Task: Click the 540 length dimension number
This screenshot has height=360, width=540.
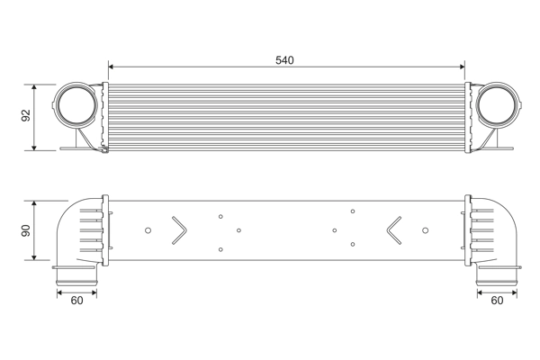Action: [x=284, y=60]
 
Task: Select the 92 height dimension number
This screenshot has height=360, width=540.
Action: [x=26, y=116]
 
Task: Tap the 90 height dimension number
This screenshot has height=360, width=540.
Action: [x=26, y=230]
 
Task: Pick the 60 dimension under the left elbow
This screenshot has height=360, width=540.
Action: [x=76, y=301]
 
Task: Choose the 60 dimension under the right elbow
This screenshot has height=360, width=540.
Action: [x=498, y=301]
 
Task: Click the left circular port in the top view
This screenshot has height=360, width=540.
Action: [x=78, y=106]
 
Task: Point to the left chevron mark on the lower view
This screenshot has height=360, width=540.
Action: [x=177, y=229]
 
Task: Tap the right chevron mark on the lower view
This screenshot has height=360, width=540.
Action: [x=395, y=229]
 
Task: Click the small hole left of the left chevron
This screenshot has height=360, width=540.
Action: [x=148, y=229]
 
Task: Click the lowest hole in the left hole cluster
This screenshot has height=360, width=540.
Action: [x=220, y=249]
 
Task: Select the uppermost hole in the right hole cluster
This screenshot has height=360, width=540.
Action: [x=353, y=211]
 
